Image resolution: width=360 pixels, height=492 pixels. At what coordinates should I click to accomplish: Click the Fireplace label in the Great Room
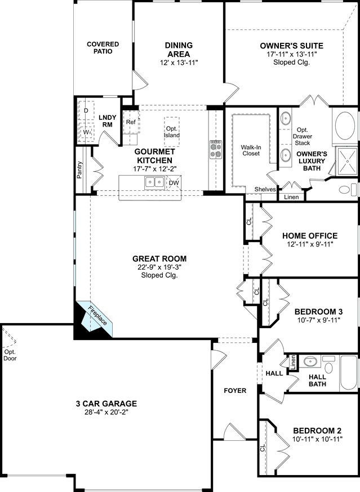point(97,315)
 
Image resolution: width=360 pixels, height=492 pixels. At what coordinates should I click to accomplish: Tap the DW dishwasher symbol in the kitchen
point(174,183)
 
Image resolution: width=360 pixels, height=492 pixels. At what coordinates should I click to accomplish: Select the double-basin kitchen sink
point(154,182)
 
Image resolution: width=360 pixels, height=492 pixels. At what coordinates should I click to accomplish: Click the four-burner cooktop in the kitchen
point(216,149)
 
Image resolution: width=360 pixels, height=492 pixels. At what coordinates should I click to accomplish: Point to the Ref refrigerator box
point(131,122)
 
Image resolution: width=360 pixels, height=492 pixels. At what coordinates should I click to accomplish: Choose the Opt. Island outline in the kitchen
point(171,132)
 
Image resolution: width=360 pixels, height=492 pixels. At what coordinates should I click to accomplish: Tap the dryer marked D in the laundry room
point(86,110)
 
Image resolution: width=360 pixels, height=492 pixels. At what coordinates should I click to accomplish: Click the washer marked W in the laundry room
point(86,132)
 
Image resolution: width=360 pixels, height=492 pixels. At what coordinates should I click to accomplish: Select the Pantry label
point(79,170)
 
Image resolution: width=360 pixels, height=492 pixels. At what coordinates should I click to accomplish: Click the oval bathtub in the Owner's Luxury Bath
point(345,126)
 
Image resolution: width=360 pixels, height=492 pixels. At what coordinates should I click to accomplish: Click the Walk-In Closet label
point(251,150)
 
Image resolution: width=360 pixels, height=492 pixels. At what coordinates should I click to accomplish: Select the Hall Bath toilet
point(328,365)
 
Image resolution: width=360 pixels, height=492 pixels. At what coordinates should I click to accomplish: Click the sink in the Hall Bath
point(310,361)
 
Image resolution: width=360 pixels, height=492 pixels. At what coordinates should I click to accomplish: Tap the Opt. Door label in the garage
point(10,355)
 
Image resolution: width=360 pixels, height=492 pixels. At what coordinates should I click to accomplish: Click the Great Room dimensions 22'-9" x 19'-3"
point(159,267)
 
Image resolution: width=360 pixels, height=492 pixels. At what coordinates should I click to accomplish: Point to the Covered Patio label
point(103,47)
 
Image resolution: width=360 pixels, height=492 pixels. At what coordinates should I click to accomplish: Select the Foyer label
point(235,391)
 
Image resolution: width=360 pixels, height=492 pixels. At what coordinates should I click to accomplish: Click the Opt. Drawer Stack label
point(303,136)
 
